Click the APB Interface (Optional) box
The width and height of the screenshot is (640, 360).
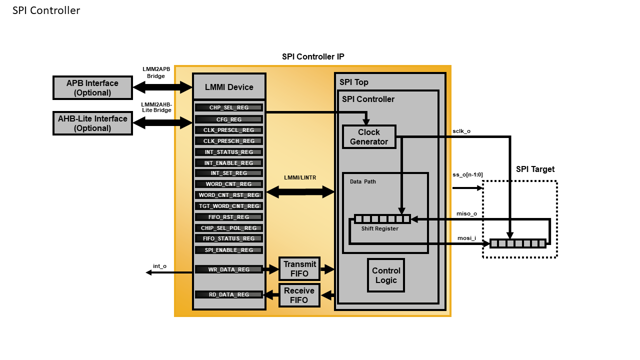pyautogui.click(x=92, y=88)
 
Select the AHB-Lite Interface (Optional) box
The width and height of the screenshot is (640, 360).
pyautogui.click(x=92, y=123)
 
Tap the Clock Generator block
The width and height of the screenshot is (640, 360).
pyautogui.click(x=369, y=137)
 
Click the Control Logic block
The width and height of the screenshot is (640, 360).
pyautogui.click(x=386, y=275)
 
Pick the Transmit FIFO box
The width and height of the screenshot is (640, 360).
pyautogui.click(x=299, y=269)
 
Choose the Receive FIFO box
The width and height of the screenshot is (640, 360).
pyautogui.click(x=299, y=295)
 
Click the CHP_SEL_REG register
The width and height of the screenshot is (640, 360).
pyautogui.click(x=229, y=107)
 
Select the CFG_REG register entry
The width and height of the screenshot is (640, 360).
pyautogui.click(x=229, y=119)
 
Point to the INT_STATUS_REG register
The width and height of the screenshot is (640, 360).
pyautogui.click(x=229, y=152)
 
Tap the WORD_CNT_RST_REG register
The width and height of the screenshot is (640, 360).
pyautogui.click(x=229, y=195)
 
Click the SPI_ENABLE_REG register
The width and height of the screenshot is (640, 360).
pyautogui.click(x=229, y=250)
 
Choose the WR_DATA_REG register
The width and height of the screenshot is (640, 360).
pyautogui.click(x=229, y=269)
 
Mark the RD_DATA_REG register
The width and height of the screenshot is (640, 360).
pyautogui.click(x=229, y=294)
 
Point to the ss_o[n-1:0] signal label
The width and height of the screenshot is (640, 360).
pyautogui.click(x=467, y=174)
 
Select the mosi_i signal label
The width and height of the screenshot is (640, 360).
pyautogui.click(x=466, y=238)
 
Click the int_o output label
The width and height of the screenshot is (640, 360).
pyautogui.click(x=159, y=266)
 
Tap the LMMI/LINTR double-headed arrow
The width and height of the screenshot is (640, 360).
pyautogui.click(x=300, y=191)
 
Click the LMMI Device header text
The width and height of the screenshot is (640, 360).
pyautogui.click(x=229, y=87)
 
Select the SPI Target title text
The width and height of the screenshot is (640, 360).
pyautogui.click(x=535, y=169)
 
